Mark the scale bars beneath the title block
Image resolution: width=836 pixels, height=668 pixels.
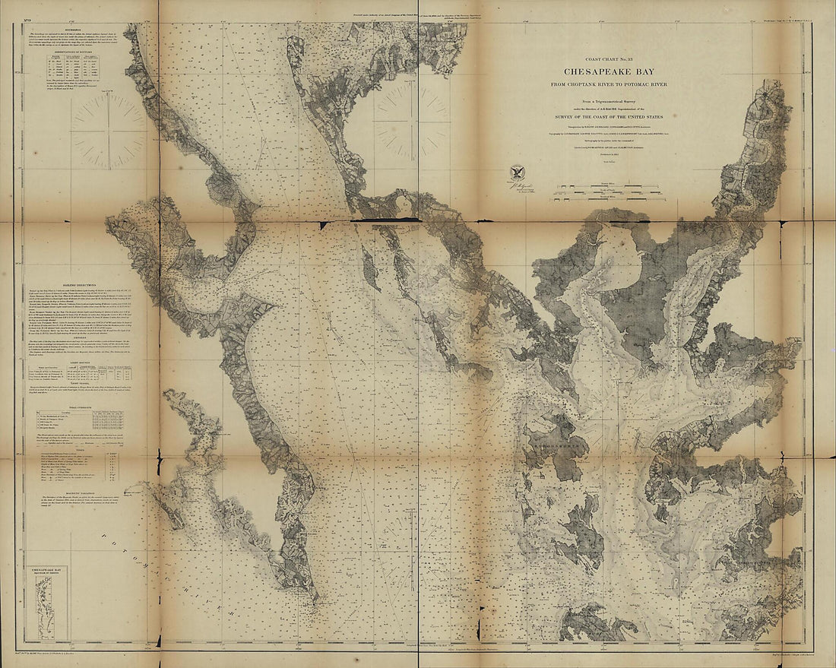pos(608,192)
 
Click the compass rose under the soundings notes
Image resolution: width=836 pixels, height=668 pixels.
pos(108,128)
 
